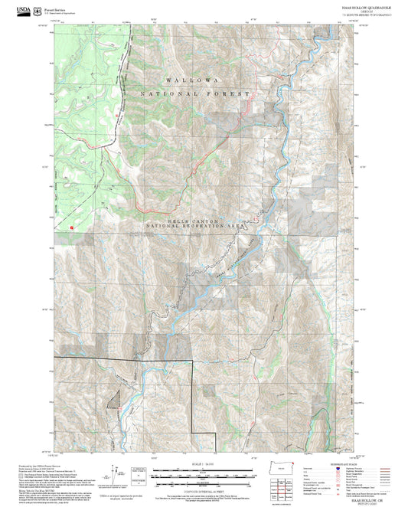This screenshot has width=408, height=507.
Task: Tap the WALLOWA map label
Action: click(x=191, y=80)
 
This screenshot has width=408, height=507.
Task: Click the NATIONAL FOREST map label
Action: click(x=195, y=93)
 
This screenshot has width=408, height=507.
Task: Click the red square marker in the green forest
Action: click(x=70, y=227)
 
